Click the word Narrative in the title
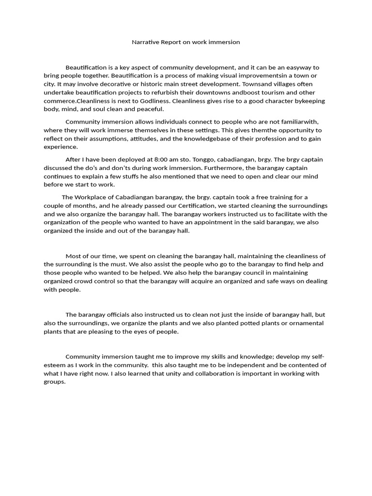144,42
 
